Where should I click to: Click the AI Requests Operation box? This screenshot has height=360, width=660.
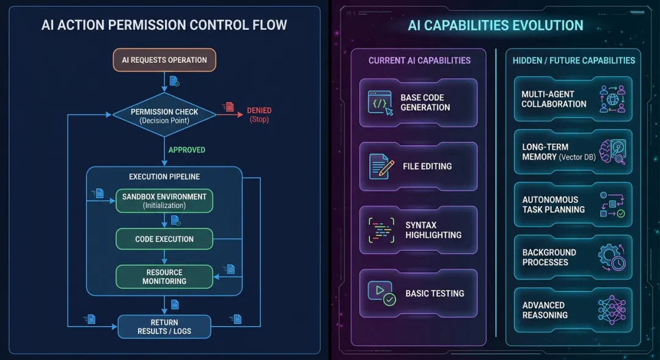click(x=164, y=60)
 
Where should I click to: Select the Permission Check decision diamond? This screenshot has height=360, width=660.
click(x=164, y=116)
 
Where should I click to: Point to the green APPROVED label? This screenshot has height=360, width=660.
click(x=186, y=150)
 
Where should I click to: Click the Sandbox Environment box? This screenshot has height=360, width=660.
click(x=164, y=201)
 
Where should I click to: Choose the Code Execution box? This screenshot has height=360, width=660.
click(x=164, y=239)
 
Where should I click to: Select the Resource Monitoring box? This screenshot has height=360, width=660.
click(x=164, y=276)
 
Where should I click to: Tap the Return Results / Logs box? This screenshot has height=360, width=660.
click(x=164, y=326)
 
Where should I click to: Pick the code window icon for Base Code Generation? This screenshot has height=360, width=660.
click(x=380, y=103)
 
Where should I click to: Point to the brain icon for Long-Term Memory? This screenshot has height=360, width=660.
click(x=612, y=152)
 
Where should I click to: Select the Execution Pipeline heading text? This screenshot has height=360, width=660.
click(x=164, y=177)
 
